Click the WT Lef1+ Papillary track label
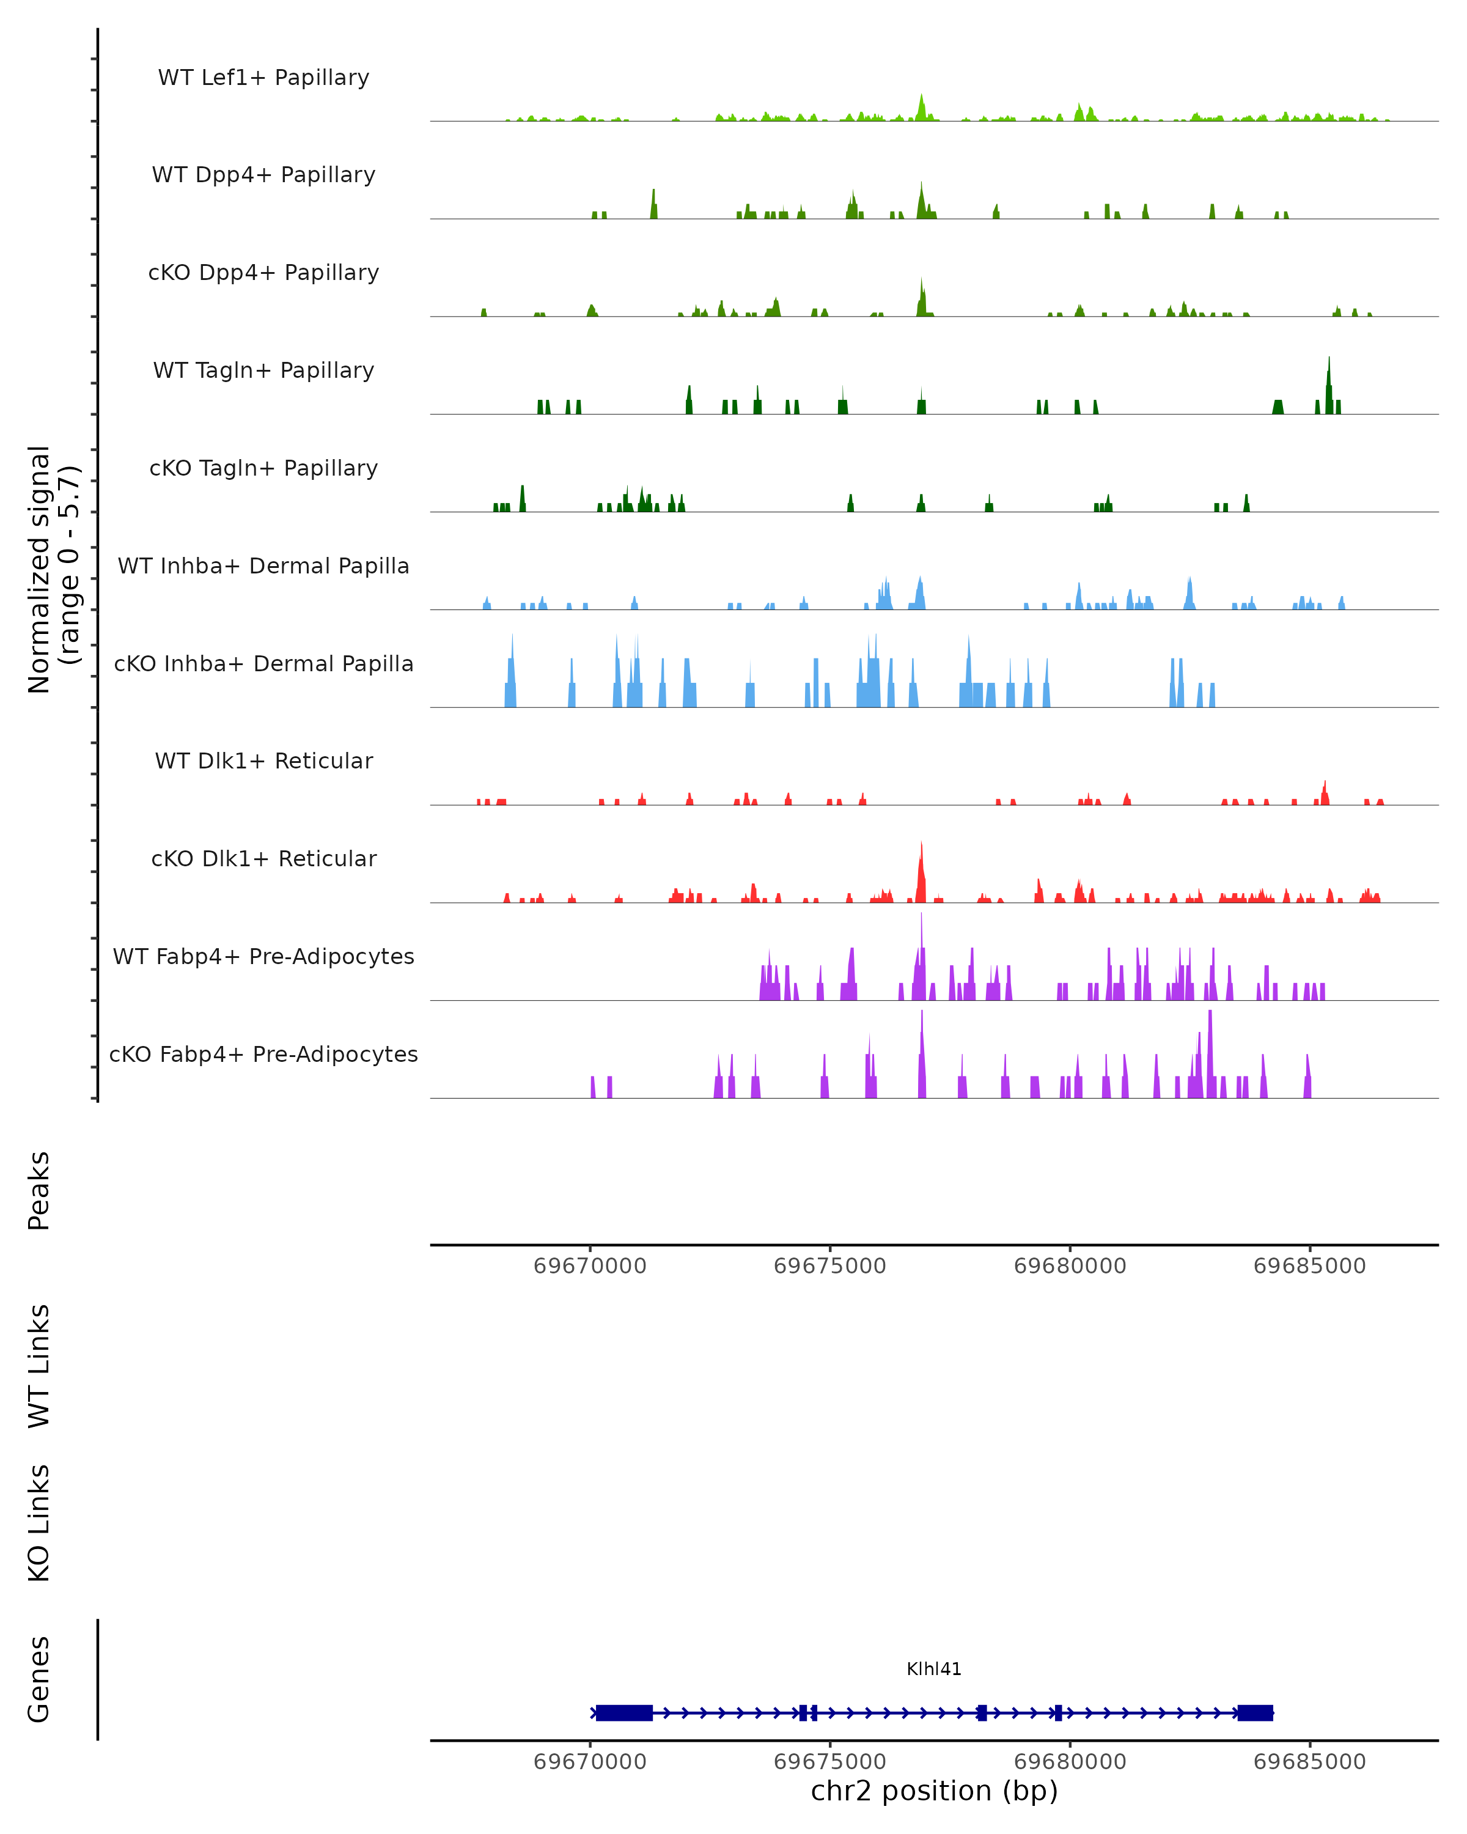263,78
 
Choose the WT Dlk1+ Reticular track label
263,760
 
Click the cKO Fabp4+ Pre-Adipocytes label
263,1054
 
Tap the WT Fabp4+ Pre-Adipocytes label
263,956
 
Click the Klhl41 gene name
934,1669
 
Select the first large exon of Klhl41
624,1713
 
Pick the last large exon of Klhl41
1256,1713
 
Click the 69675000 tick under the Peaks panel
830,1266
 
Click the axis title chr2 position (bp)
934,1791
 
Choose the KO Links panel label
39,1523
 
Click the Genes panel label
39,1679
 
